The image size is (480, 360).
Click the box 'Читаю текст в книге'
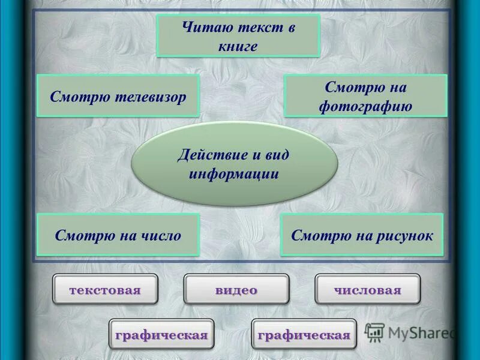click(x=238, y=36)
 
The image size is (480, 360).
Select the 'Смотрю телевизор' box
click(x=118, y=96)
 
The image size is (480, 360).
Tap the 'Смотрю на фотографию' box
click(x=365, y=96)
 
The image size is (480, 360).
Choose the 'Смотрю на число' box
click(x=118, y=235)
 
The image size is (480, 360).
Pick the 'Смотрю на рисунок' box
click(x=362, y=235)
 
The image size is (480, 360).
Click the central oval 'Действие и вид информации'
click(x=234, y=164)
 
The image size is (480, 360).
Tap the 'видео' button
click(x=236, y=290)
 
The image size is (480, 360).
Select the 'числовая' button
click(x=368, y=290)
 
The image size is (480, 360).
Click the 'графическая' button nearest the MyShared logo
click(x=304, y=334)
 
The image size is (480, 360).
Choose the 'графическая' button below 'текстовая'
click(x=161, y=334)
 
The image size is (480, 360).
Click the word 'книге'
click(x=238, y=46)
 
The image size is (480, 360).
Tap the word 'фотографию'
click(x=365, y=107)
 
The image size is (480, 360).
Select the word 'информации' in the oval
click(x=234, y=174)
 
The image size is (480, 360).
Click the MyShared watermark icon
click(x=375, y=332)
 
